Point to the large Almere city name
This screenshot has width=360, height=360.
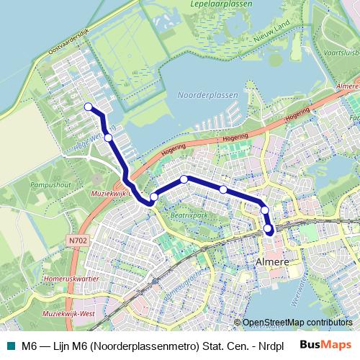(273, 263)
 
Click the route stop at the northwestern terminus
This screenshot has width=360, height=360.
(89, 107)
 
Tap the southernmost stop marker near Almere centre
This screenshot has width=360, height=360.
(269, 230)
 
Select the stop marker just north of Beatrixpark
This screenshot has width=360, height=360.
(184, 179)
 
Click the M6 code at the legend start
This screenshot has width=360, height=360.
(29, 344)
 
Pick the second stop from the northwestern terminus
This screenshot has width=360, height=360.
(108, 138)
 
